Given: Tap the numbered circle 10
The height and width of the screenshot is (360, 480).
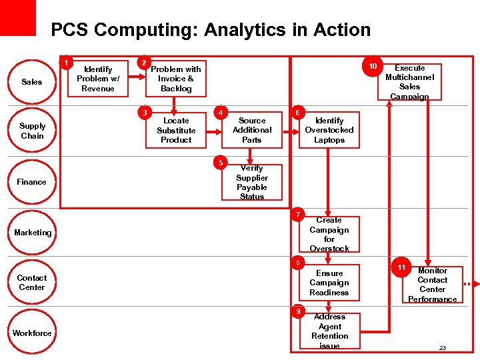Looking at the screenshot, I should [x=373, y=67].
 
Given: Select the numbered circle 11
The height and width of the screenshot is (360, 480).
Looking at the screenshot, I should [x=401, y=267].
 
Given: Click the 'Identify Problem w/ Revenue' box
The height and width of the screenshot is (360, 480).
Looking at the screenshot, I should [x=98, y=79].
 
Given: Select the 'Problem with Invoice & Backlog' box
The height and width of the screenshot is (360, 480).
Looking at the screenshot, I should [x=176, y=79].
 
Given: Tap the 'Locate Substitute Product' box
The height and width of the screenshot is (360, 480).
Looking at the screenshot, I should [x=176, y=130].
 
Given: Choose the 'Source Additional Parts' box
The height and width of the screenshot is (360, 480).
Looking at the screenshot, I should [x=252, y=130].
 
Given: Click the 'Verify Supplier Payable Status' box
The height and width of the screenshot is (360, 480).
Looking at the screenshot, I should [x=252, y=182].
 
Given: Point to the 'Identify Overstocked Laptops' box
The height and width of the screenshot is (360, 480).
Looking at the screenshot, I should [x=329, y=130].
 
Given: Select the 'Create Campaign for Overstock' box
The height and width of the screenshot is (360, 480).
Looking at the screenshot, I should [x=329, y=234].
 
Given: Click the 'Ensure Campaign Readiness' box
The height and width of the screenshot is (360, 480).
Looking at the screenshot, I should [x=329, y=283].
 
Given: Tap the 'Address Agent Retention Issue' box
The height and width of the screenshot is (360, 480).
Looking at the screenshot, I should [x=329, y=331].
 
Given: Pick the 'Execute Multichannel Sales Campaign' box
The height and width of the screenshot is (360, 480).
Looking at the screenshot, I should [x=409, y=82].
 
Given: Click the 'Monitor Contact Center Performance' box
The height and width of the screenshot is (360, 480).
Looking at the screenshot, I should [x=432, y=285].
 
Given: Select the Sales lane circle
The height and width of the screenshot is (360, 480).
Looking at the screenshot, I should [x=31, y=82].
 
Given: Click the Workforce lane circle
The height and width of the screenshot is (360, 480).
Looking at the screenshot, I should [x=31, y=333].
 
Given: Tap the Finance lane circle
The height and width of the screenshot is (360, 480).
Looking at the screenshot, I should [x=31, y=182].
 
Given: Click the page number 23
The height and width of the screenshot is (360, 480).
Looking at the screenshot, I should [x=443, y=348].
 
